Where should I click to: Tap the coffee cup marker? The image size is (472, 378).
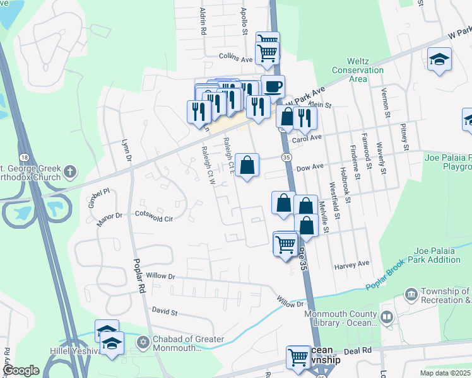(273, 86)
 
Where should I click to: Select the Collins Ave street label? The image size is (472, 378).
(235, 58)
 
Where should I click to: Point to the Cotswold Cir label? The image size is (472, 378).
(154, 216)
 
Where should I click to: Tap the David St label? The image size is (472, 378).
(166, 311)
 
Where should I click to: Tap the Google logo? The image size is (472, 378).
(21, 370)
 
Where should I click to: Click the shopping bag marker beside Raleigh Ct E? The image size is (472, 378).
(247, 165)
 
